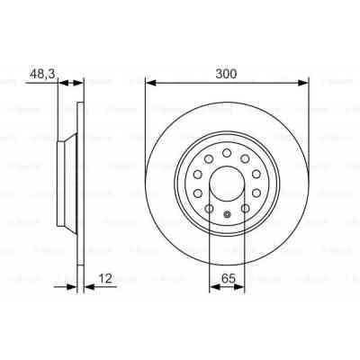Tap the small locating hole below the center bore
[x=227, y=214]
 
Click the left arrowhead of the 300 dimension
[x=149, y=83]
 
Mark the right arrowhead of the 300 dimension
[x=304, y=83]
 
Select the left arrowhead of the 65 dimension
[x=213, y=287]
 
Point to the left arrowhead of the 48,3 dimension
[x=62, y=83]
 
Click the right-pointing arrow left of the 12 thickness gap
[x=71, y=287]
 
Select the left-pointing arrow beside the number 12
[x=87, y=287]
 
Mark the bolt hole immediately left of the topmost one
[x=209, y=159]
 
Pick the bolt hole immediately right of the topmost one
[x=245, y=159]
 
